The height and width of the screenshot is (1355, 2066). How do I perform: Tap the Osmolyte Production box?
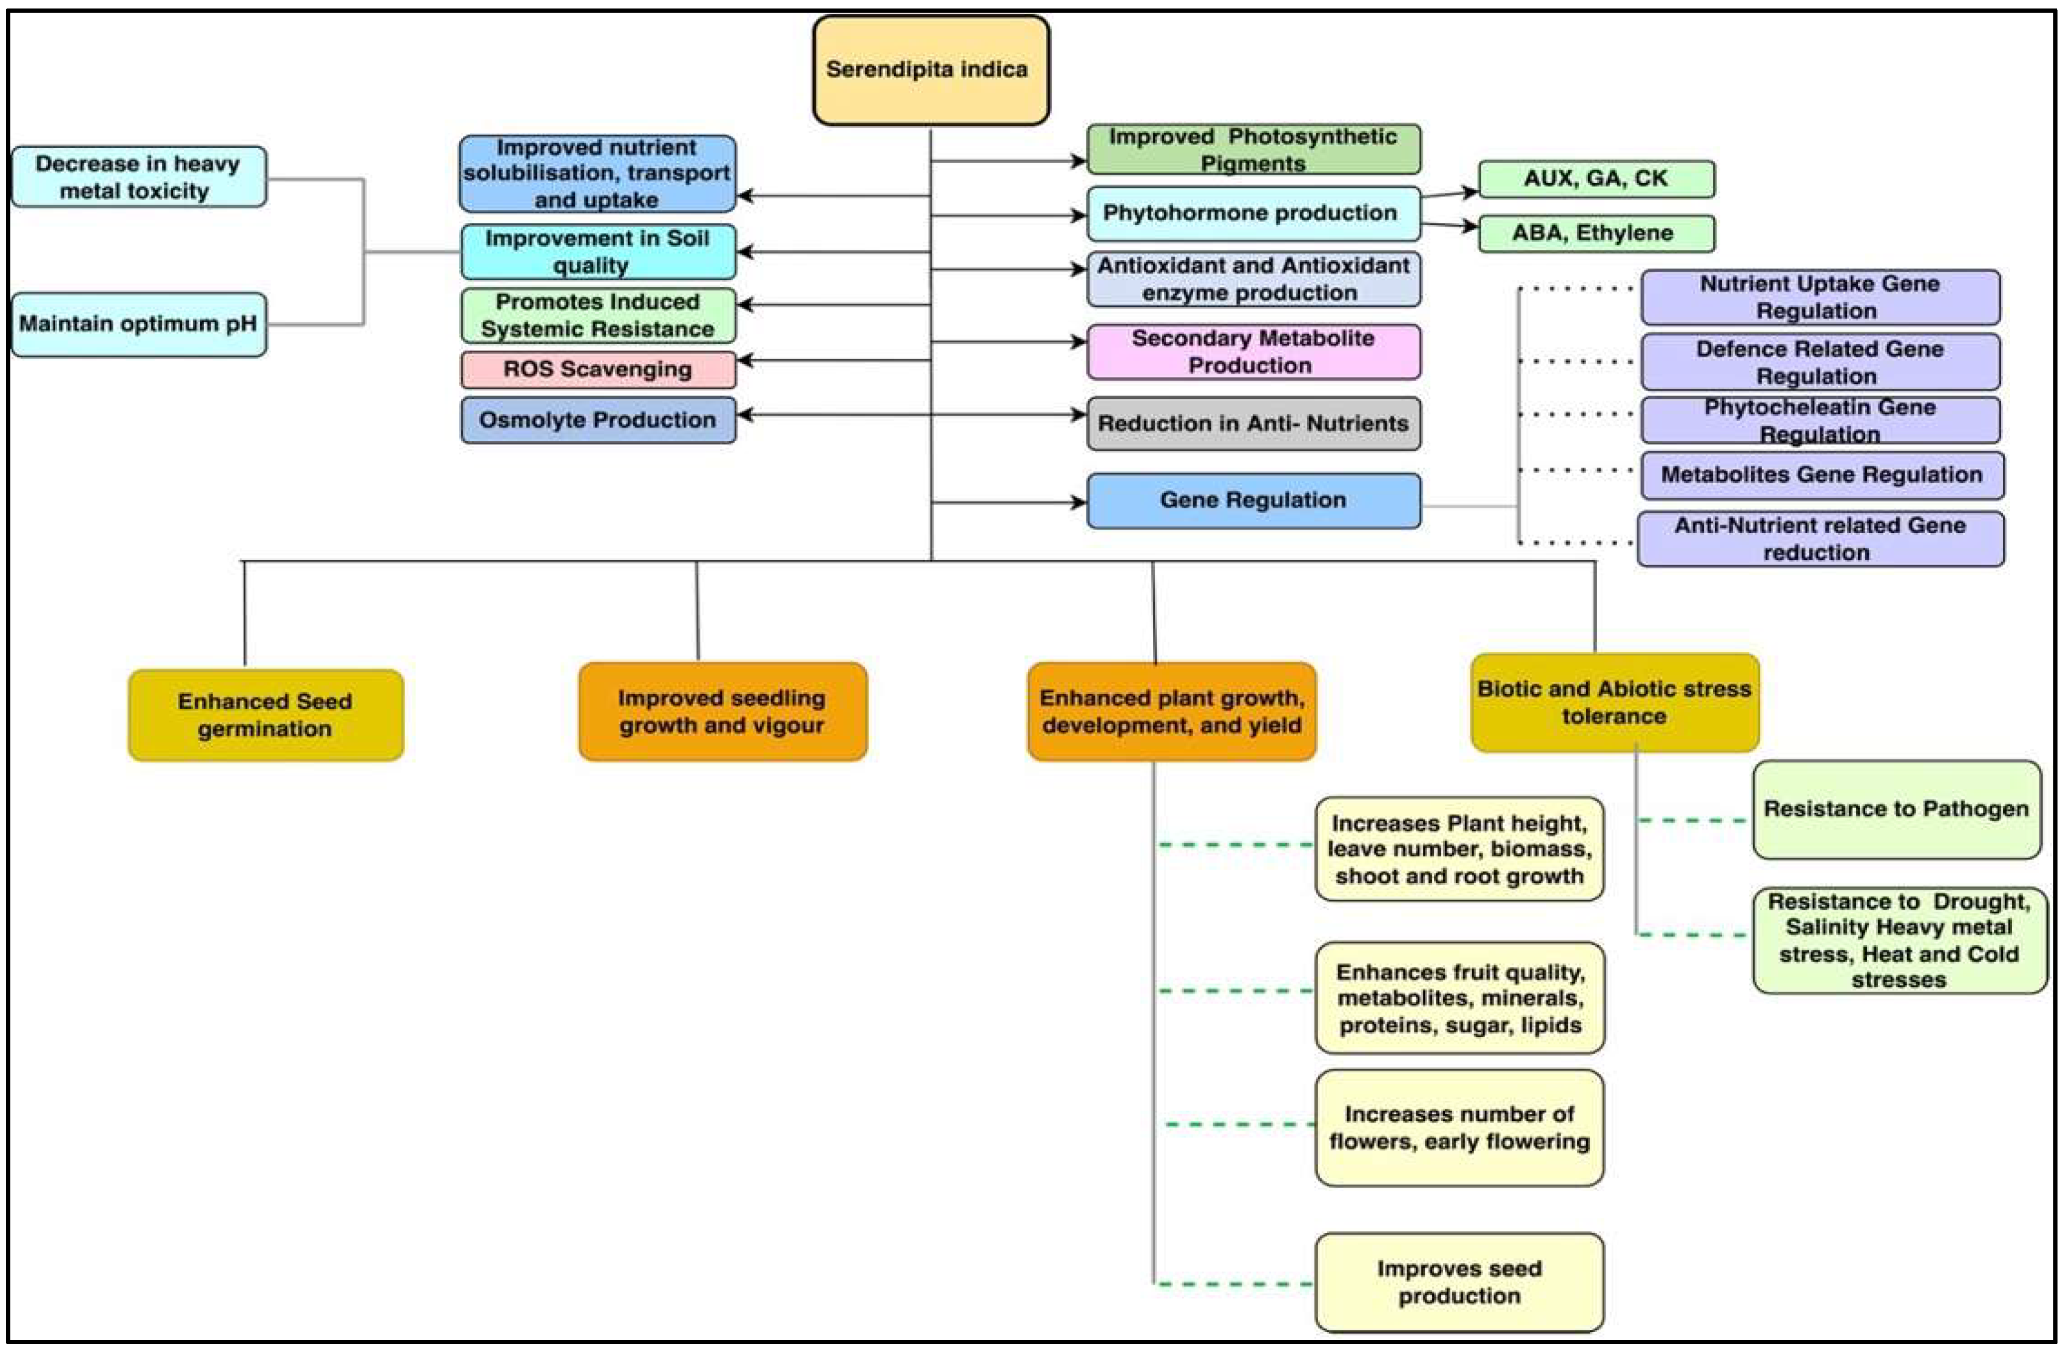point(598,420)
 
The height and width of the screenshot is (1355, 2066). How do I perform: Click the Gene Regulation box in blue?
point(1253,501)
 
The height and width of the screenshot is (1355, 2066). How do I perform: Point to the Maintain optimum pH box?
point(139,324)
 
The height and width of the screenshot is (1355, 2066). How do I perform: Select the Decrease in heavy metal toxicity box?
point(139,177)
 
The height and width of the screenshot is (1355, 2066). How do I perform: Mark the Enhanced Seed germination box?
point(266,715)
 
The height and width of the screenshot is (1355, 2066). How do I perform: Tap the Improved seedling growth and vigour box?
point(722,712)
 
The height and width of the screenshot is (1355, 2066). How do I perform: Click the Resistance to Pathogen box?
point(1896,810)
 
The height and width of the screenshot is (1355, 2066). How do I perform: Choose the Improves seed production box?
point(1459,1282)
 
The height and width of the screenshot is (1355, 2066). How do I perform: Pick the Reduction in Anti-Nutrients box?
point(1253,423)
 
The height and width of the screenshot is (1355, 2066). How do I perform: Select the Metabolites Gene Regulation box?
point(1821,475)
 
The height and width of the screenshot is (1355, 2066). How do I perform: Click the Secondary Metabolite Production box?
point(1253,352)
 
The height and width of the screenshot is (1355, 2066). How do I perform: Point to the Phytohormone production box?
point(1253,214)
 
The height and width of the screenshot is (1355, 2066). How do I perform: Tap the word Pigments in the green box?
point(1253,163)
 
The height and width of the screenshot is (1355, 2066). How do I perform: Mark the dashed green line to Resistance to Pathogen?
point(1693,820)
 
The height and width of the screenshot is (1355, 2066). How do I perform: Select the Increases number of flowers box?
point(1459,1128)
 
